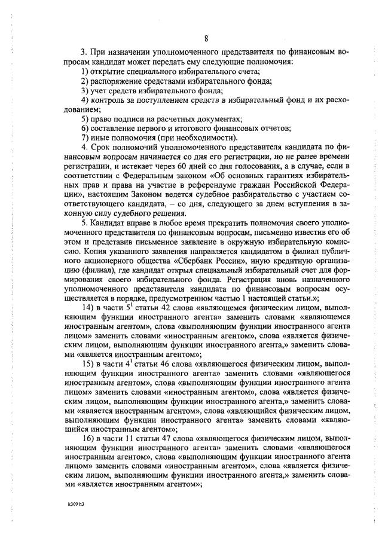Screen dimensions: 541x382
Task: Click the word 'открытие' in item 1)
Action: click(x=108, y=72)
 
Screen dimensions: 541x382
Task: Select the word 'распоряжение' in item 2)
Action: click(x=118, y=81)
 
